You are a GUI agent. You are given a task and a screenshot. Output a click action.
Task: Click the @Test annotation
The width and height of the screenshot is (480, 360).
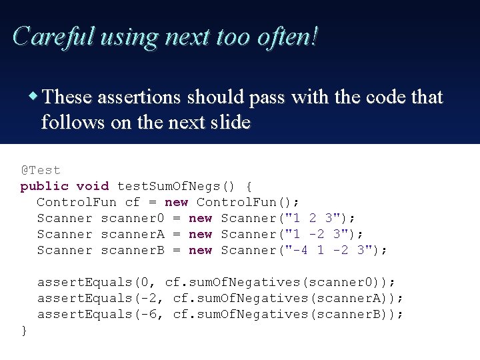coord(40,170)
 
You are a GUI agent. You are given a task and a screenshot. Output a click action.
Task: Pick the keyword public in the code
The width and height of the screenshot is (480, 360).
coord(44,186)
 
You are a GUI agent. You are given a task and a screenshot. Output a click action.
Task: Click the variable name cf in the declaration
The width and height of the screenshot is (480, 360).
coord(133,202)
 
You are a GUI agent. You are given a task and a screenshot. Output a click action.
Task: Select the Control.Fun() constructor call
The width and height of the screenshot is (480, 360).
coord(248,202)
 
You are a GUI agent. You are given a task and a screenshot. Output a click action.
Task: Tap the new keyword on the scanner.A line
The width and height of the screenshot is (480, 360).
coord(200,234)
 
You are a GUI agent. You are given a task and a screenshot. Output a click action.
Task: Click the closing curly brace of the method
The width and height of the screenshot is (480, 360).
coord(24,330)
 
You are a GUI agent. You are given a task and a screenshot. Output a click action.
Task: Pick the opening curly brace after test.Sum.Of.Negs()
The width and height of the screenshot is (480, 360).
coord(249,186)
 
